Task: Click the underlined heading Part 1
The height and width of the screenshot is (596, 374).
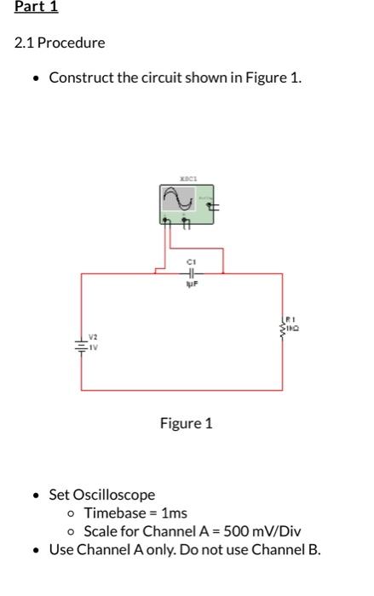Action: pyautogui.click(x=36, y=9)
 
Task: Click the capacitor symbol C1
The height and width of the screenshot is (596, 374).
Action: pyautogui.click(x=192, y=273)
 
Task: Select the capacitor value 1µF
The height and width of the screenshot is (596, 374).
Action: pyautogui.click(x=192, y=285)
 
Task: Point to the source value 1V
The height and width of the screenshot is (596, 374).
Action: pyautogui.click(x=95, y=346)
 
